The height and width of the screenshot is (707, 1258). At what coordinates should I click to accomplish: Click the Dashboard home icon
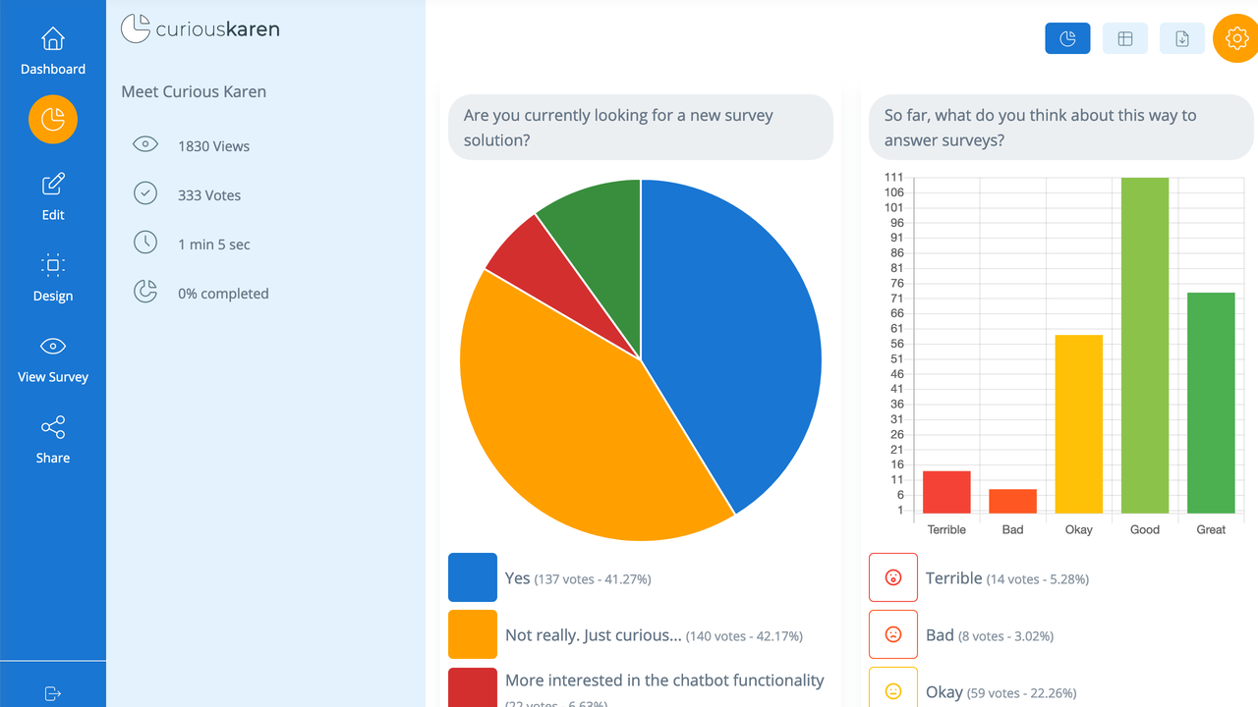[x=53, y=39]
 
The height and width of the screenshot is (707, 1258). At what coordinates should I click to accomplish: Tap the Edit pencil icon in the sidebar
[x=53, y=185]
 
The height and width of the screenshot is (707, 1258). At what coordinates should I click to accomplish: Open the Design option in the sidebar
[x=53, y=266]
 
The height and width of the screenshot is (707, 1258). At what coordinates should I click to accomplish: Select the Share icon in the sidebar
[x=53, y=427]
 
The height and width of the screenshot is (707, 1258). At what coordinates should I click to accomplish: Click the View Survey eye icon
[x=53, y=347]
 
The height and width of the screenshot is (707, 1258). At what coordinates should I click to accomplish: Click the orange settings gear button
[x=1235, y=39]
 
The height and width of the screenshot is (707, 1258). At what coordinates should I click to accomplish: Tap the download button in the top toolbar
[x=1182, y=39]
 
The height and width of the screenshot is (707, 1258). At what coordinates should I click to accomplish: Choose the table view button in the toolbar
[x=1125, y=39]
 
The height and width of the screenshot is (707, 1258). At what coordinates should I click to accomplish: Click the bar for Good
[x=1145, y=344]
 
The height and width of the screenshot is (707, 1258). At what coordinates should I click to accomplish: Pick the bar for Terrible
[x=946, y=493]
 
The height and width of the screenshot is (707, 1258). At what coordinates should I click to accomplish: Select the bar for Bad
[x=1012, y=502]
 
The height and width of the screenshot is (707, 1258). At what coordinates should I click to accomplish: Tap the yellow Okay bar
[x=1078, y=424]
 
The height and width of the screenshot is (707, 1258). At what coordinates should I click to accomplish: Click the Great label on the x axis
[x=1211, y=530]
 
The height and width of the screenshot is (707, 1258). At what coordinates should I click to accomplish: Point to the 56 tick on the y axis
[x=895, y=344]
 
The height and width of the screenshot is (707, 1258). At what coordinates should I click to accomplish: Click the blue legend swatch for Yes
[x=473, y=577]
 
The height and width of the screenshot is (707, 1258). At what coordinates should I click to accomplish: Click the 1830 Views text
[x=213, y=146]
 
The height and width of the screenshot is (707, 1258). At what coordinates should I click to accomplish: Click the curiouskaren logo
[x=200, y=29]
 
